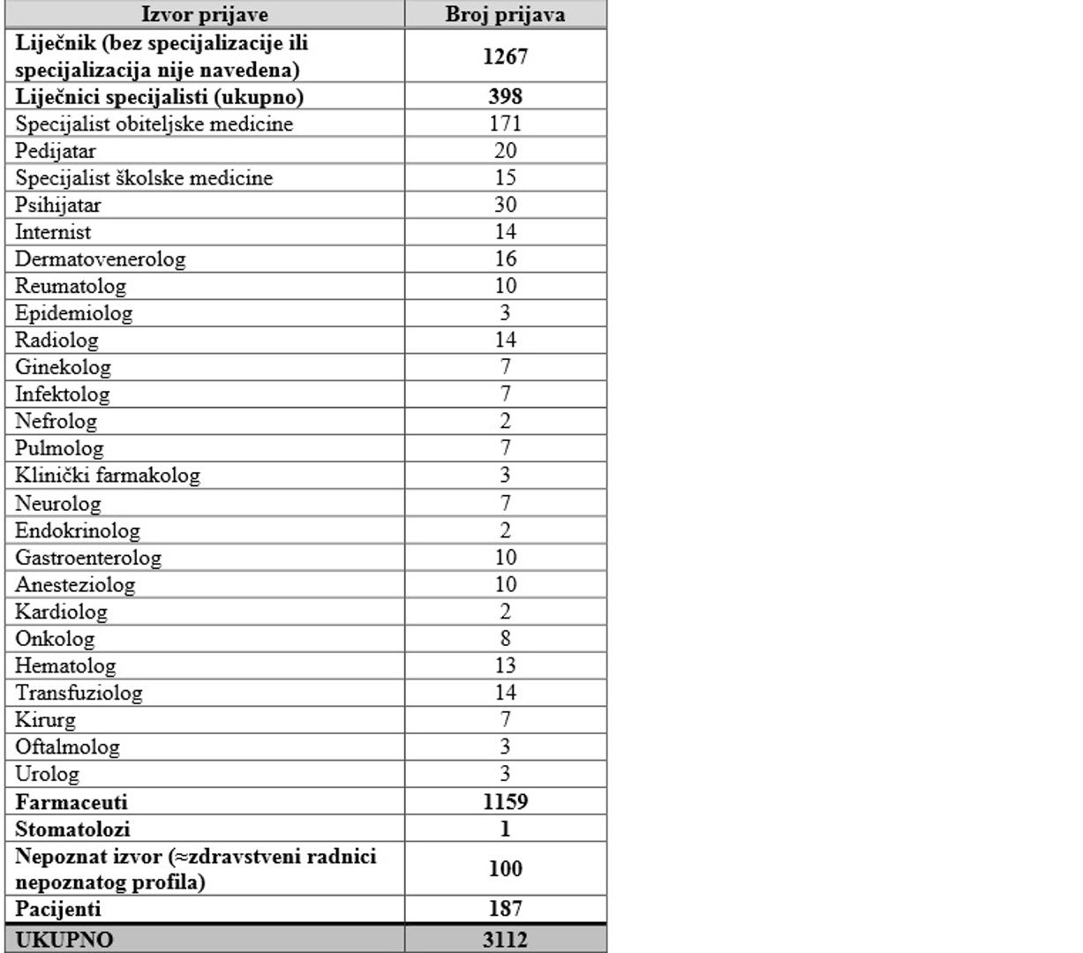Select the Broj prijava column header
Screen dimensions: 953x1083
click(505, 15)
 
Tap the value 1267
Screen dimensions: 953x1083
click(505, 56)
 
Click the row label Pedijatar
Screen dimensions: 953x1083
click(56, 151)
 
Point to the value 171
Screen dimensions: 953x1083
click(505, 124)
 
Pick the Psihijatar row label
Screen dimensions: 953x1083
click(58, 205)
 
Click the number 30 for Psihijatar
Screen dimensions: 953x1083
click(505, 205)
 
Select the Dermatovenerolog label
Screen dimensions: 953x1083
click(101, 259)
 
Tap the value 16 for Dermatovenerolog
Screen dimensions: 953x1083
click(505, 259)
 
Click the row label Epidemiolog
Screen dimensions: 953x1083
click(74, 313)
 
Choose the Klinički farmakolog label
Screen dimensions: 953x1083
click(108, 476)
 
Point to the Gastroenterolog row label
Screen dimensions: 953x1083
click(88, 558)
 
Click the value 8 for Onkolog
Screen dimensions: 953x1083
click(505, 639)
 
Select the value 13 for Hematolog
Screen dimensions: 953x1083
click(505, 666)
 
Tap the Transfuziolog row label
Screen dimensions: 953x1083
click(79, 694)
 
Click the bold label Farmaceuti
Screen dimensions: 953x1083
click(71, 802)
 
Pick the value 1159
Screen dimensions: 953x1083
click(505, 802)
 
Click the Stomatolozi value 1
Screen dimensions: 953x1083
click(505, 829)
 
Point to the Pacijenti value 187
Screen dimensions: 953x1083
click(505, 909)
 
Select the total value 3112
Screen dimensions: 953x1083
click(505, 940)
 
